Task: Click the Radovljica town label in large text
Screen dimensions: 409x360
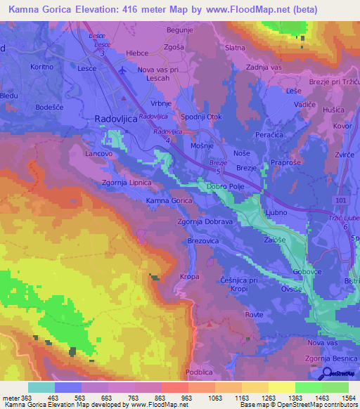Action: pos(117,119)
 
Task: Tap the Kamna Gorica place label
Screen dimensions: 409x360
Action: pos(169,201)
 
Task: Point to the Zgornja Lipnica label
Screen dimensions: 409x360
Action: pos(127,182)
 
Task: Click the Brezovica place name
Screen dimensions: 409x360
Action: pos(205,240)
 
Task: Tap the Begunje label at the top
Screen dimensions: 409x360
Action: pos(181,31)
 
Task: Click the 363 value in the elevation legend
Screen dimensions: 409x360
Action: pos(27,398)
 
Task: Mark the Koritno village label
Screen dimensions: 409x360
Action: pos(42,67)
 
